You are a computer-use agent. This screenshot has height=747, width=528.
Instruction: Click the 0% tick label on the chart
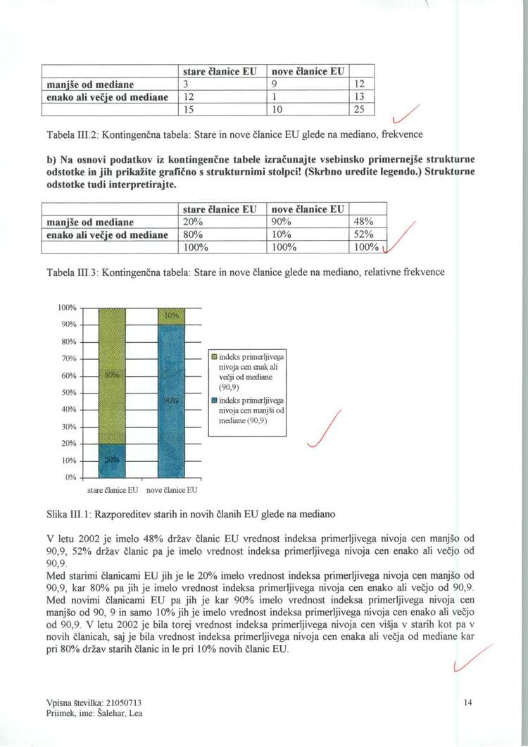tap(70, 477)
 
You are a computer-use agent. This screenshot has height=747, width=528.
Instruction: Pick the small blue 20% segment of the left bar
tap(111, 460)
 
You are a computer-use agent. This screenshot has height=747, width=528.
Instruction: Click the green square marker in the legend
tap(213, 358)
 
